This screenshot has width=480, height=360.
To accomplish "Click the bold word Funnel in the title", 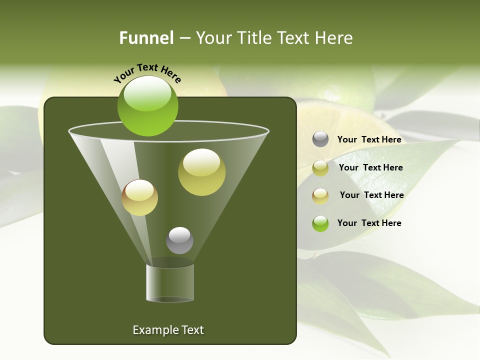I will (146, 38).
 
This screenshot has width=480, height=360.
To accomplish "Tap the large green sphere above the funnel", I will (148, 106).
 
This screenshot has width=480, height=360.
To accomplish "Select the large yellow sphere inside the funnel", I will (201, 172).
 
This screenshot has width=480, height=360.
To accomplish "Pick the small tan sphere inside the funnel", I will (139, 197).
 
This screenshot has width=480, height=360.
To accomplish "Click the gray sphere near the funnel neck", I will (179, 240).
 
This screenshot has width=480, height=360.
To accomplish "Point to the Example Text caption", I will (168, 330).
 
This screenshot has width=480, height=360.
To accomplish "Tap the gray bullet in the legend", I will (320, 139).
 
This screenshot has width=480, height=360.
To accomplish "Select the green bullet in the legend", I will (320, 223).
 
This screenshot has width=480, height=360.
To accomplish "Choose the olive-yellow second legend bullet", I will (320, 168).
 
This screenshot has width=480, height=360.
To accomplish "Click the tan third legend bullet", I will (320, 195).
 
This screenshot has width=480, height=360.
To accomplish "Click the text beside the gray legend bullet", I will (369, 139).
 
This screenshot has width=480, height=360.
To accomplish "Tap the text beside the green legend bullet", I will (369, 223).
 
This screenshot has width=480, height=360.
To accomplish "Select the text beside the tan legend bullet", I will (371, 195).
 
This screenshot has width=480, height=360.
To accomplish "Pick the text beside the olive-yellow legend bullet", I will (370, 167).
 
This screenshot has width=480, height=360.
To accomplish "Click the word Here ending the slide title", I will (334, 38).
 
